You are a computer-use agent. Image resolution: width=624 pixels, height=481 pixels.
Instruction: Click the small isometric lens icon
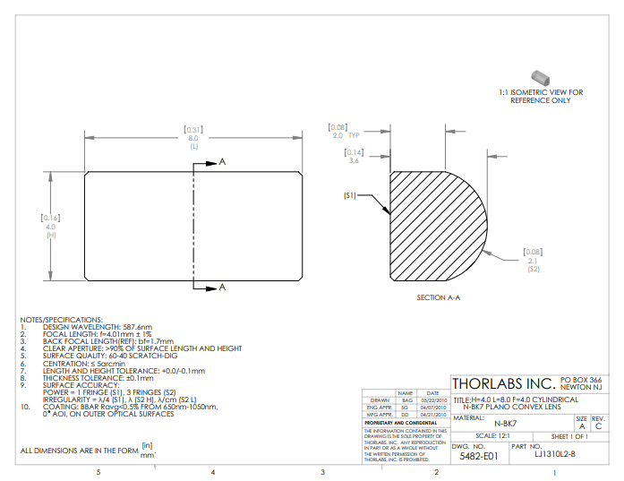(x=540, y=77)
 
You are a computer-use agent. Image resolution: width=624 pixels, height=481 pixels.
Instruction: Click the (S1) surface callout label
(x=350, y=195)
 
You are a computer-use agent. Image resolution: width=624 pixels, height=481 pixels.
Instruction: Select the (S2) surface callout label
(x=534, y=269)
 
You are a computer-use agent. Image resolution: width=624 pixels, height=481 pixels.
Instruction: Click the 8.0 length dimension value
(x=192, y=139)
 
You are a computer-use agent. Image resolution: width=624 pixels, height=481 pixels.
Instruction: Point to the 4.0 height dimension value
(x=50, y=227)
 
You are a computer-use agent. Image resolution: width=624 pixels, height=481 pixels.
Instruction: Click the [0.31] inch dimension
(x=192, y=131)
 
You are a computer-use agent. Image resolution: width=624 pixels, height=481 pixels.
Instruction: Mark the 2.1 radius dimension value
(x=534, y=261)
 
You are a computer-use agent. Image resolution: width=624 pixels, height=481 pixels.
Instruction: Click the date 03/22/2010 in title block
(x=432, y=399)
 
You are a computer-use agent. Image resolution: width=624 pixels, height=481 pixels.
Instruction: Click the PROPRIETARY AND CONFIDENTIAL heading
(x=394, y=422)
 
